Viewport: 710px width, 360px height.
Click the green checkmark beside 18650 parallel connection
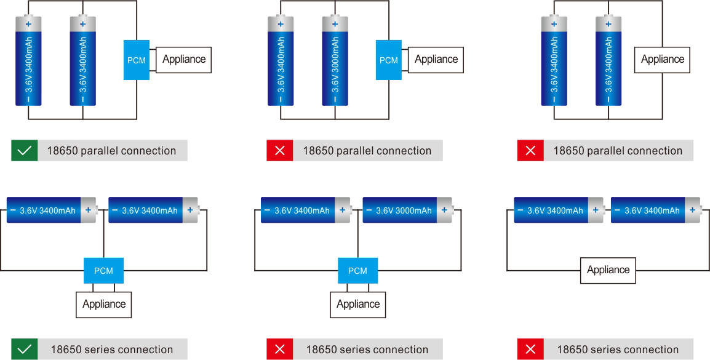point(24,151)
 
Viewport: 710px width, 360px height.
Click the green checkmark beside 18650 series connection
point(24,350)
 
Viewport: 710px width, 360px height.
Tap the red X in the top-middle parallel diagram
point(279,151)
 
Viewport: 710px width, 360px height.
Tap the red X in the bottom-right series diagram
point(530,350)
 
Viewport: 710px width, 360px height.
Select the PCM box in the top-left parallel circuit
point(137,60)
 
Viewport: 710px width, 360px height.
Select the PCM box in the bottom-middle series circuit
point(357,271)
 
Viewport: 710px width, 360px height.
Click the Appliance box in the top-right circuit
point(663,60)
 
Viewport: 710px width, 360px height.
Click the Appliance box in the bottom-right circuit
point(608,270)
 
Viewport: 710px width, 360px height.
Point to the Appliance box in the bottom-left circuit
point(104,304)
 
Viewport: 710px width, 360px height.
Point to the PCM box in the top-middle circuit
point(389,60)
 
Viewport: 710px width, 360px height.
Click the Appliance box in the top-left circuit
point(184,60)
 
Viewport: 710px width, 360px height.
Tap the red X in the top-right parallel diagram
point(530,151)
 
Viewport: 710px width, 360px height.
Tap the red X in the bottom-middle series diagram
point(279,350)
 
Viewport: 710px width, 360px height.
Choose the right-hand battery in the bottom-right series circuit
point(655,210)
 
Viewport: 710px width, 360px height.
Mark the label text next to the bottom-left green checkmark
point(111,350)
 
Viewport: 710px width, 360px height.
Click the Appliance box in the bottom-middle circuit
point(358,304)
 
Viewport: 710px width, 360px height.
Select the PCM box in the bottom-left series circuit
point(103,271)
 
